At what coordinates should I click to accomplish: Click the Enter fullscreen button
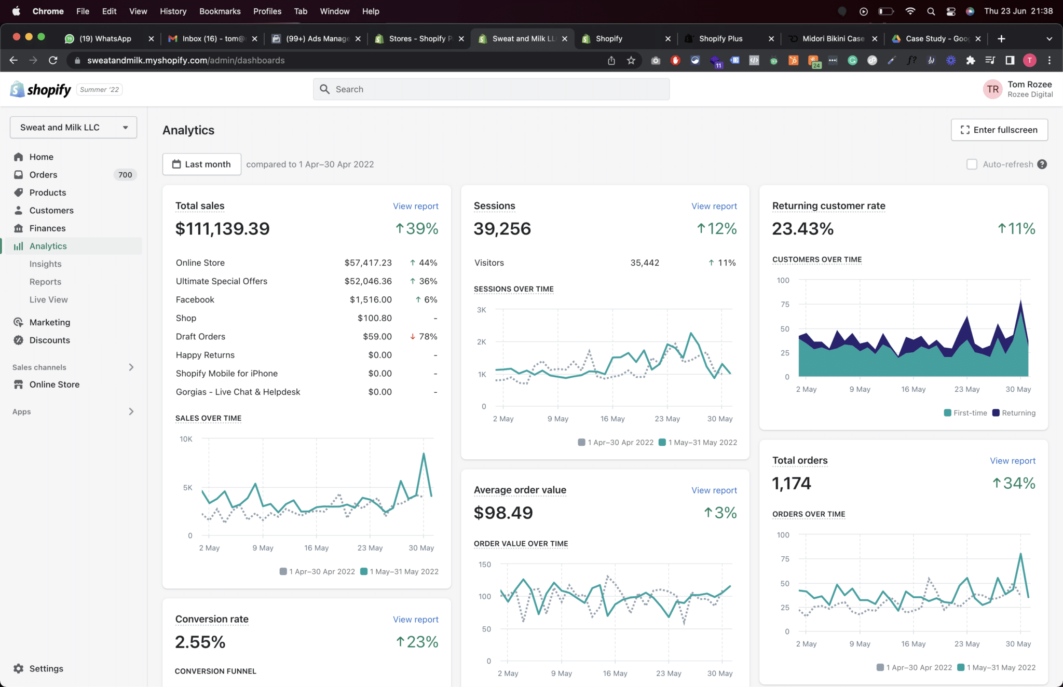(x=999, y=130)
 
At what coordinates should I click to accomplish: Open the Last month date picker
(x=201, y=164)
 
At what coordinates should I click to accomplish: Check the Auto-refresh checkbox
(x=972, y=164)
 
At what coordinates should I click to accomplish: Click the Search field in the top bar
(x=491, y=89)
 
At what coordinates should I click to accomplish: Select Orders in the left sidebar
(x=43, y=175)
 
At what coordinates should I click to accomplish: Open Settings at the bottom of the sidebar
(x=46, y=668)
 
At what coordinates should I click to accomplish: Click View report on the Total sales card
(x=416, y=206)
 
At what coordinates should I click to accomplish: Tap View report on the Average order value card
(x=714, y=490)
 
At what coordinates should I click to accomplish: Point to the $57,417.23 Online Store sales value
(x=368, y=263)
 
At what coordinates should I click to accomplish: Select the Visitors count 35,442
(x=645, y=263)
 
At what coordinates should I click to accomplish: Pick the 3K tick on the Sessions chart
(x=482, y=310)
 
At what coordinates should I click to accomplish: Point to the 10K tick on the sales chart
(x=186, y=439)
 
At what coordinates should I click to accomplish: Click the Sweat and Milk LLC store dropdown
(x=73, y=128)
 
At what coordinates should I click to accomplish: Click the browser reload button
(x=53, y=60)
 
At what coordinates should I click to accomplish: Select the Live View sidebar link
(x=48, y=299)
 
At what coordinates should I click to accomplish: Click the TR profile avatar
(x=993, y=89)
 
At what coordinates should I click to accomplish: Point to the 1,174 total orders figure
(x=792, y=484)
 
